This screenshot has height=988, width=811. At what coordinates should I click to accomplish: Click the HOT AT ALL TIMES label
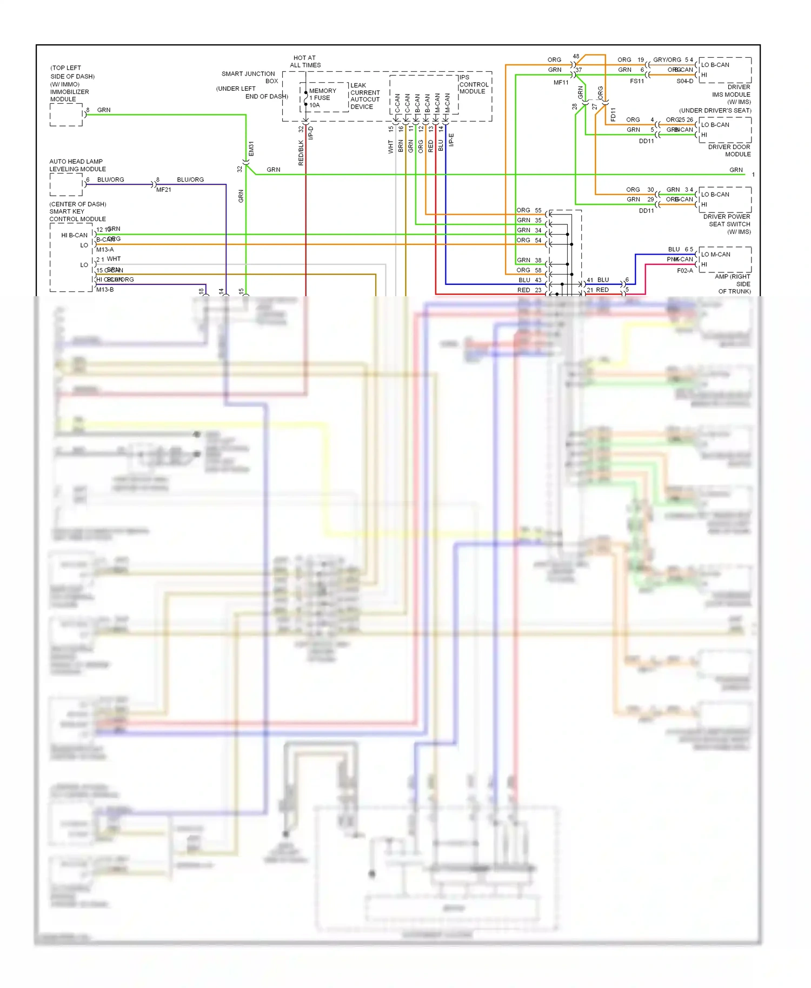click(x=305, y=62)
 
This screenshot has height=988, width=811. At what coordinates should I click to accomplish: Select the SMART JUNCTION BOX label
click(x=249, y=77)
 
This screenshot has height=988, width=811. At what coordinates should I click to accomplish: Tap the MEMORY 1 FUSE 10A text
click(x=322, y=98)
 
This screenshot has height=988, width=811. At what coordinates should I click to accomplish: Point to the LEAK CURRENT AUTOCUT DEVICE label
click(x=365, y=96)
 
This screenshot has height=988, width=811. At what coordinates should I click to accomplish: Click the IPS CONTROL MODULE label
click(x=473, y=85)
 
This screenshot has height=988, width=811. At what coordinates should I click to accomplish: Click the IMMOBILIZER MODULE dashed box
click(x=66, y=115)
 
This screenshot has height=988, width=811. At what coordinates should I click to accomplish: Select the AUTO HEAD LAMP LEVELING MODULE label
click(x=77, y=165)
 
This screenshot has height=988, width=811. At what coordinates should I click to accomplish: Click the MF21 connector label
click(x=163, y=190)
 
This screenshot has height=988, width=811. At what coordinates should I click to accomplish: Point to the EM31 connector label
click(x=251, y=149)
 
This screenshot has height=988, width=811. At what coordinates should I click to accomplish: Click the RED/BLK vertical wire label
click(x=301, y=153)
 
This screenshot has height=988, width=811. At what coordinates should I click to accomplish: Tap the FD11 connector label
click(x=613, y=115)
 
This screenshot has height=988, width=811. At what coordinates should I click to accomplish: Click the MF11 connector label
click(x=561, y=83)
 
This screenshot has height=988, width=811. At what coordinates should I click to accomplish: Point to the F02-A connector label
click(x=684, y=271)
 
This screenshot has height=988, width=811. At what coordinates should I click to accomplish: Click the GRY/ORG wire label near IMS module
click(x=667, y=60)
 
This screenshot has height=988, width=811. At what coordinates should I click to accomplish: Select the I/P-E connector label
click(x=451, y=140)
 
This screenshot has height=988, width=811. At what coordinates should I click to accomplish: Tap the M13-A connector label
click(x=105, y=250)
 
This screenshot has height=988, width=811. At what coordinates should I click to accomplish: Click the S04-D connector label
click(x=684, y=81)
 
